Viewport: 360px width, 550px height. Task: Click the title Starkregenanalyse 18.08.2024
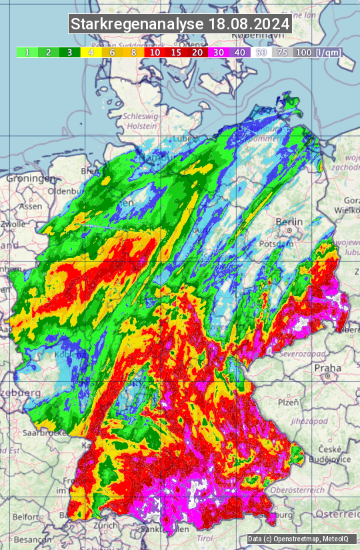(180, 25)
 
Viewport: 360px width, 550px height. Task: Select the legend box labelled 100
(303, 52)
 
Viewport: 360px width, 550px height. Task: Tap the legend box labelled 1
(27, 52)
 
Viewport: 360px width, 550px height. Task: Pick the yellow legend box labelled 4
(91, 52)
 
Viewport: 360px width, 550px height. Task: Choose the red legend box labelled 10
(155, 52)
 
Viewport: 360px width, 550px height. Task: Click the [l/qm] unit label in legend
(327, 52)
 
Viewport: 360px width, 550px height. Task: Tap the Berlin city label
(289, 222)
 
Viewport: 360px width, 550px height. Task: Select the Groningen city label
(31, 179)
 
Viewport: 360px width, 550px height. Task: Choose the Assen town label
(30, 207)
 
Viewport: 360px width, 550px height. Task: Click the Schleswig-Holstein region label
(141, 121)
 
